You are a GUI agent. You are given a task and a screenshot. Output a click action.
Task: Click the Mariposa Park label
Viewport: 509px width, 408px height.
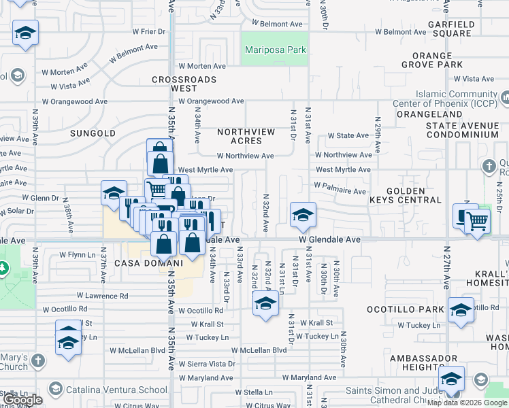[x=276, y=50]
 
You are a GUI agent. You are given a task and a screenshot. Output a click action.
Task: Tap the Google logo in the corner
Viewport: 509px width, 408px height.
[x=22, y=400]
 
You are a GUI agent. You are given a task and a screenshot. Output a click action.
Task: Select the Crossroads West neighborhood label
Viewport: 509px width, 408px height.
[x=184, y=84]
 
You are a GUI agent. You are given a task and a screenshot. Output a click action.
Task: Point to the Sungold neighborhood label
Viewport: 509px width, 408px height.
[x=93, y=133]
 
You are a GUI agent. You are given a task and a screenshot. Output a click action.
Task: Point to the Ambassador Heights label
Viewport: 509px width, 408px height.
[x=427, y=362]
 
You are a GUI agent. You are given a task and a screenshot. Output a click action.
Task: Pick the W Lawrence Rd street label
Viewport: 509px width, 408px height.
[x=102, y=296]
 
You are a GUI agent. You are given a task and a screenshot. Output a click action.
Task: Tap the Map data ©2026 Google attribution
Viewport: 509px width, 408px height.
[x=467, y=402]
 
